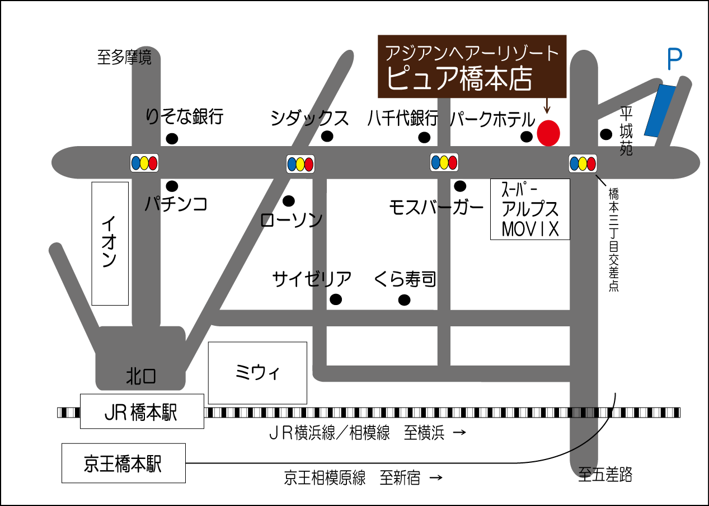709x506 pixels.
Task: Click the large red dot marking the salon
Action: [x=548, y=133]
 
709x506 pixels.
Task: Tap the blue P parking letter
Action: [x=675, y=60]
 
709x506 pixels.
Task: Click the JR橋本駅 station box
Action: [x=142, y=411]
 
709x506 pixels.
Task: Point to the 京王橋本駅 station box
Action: [x=123, y=463]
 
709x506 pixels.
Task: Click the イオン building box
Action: [x=110, y=243]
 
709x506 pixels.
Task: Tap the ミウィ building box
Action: [x=257, y=373]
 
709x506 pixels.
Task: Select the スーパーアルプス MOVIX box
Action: [x=530, y=209]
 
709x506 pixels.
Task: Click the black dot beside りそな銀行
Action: [x=172, y=138]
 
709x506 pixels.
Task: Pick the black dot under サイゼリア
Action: [x=336, y=299]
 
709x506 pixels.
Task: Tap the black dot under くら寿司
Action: [x=404, y=300]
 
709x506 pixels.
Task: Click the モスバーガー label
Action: [x=436, y=208]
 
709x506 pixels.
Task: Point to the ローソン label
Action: [x=292, y=220]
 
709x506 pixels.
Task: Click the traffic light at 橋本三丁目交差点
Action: [x=583, y=163]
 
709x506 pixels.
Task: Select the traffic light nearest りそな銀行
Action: [x=144, y=163]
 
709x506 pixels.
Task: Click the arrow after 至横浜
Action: [x=458, y=433]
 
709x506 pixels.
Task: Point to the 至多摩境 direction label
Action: [x=124, y=58]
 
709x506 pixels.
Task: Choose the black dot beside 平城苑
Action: [x=605, y=134]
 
